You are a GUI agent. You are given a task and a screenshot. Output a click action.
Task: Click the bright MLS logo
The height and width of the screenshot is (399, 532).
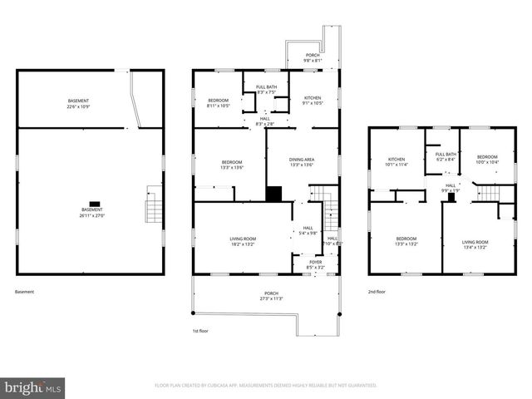[x=33, y=387]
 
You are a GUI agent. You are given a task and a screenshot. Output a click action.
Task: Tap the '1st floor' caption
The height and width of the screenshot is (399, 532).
[x=200, y=330]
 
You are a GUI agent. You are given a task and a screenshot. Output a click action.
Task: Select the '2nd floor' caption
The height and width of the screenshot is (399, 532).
[x=377, y=292]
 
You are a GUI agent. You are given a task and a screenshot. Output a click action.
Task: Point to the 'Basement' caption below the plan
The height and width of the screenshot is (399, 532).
[x=25, y=292]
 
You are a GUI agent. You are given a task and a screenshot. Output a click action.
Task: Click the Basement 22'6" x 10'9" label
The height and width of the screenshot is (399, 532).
[x=79, y=104]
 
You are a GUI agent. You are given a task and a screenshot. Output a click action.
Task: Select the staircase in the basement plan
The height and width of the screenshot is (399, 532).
[x=153, y=204]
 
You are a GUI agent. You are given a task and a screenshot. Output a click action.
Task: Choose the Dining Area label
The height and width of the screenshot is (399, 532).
[x=301, y=162]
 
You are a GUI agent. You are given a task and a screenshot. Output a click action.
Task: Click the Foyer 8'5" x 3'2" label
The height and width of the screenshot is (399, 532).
[x=315, y=265]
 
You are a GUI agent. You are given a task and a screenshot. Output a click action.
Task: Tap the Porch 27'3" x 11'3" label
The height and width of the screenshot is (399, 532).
[x=271, y=296]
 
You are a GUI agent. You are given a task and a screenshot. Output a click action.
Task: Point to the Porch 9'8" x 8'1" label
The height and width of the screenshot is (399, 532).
[x=311, y=58]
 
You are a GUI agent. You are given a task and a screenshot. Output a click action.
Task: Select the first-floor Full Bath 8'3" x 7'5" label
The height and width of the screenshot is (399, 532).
[x=266, y=90]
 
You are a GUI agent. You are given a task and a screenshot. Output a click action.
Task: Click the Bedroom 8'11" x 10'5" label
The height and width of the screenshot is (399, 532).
[x=219, y=103]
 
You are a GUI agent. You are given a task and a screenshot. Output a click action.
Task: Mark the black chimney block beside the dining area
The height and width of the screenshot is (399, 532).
[x=273, y=193]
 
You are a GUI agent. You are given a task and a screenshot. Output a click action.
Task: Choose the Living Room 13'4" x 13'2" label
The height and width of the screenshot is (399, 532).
[x=475, y=244]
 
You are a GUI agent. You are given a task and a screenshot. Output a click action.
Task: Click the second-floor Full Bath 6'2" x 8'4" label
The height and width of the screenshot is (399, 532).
[x=446, y=156]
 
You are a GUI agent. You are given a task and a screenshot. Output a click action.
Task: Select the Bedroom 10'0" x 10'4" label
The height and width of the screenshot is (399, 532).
[x=486, y=160]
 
